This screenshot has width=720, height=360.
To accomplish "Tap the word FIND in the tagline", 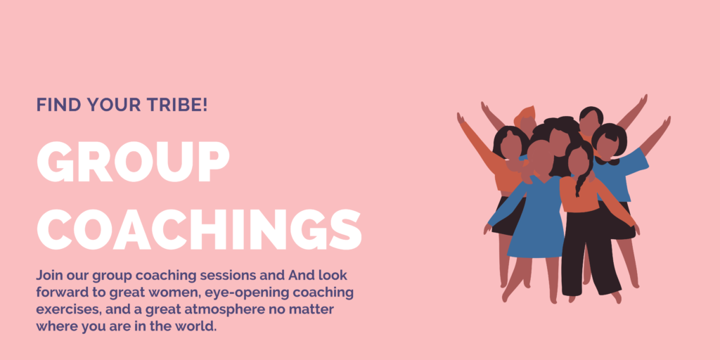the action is tap(51, 105).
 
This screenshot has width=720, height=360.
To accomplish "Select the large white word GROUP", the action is tap(133, 161).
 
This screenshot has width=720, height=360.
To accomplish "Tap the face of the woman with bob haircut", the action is tap(607, 145).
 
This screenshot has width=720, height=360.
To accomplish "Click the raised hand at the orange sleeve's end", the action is tap(461, 118).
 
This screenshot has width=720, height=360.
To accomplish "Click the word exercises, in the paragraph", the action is tap(68, 310).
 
